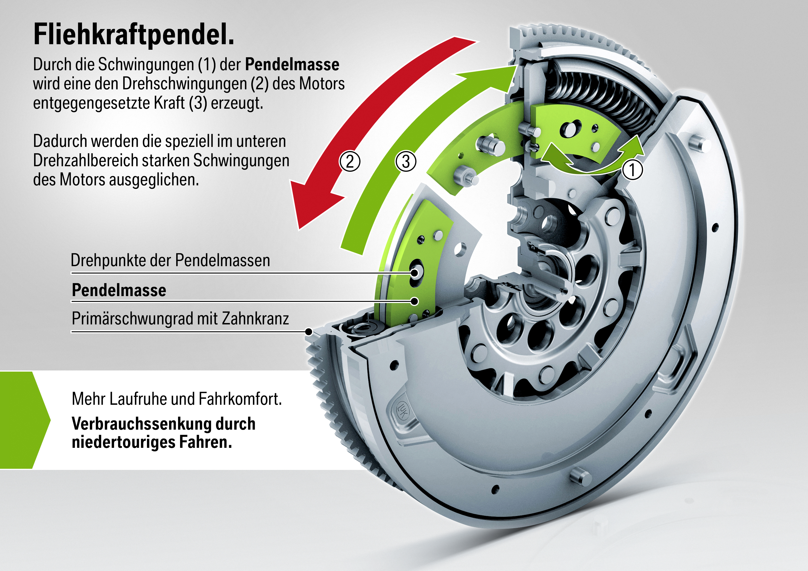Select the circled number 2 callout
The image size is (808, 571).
pyautogui.click(x=349, y=161)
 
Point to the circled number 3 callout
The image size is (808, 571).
pyautogui.click(x=406, y=161)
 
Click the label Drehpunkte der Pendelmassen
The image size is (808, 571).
pyautogui.click(x=170, y=260)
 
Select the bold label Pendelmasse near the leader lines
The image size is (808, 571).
pyautogui.click(x=119, y=290)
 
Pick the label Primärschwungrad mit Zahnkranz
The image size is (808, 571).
pyautogui.click(x=180, y=319)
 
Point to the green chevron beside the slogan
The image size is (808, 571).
pyautogui.click(x=25, y=420)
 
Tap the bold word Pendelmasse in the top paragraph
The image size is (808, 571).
pyautogui.click(x=292, y=64)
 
